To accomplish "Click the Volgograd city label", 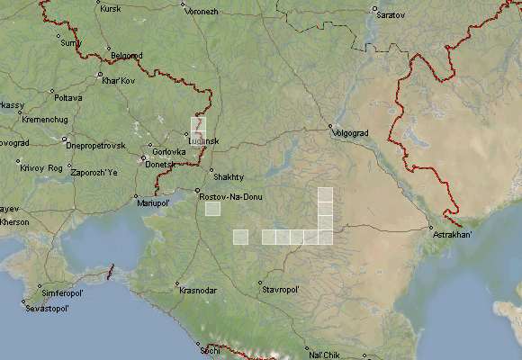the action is coord(351,133).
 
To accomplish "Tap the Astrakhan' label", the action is coord(453,235).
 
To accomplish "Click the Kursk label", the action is coord(111,9).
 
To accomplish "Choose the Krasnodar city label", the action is coord(198,291).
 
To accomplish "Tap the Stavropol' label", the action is coord(280,291).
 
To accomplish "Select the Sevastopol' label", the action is coord(48,308).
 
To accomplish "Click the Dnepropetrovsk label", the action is coord(94,145).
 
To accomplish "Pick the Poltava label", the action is coord(68,97).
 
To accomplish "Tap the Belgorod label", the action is coord(126,56).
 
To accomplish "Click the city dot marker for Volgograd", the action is coord(330,127).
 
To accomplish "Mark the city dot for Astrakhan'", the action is coord(430,228).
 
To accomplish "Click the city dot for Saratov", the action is coord(374,9).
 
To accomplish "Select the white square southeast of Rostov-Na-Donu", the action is coord(212,209).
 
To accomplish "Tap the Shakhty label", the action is coord(228,176).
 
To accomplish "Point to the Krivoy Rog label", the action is coord(42,168).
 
